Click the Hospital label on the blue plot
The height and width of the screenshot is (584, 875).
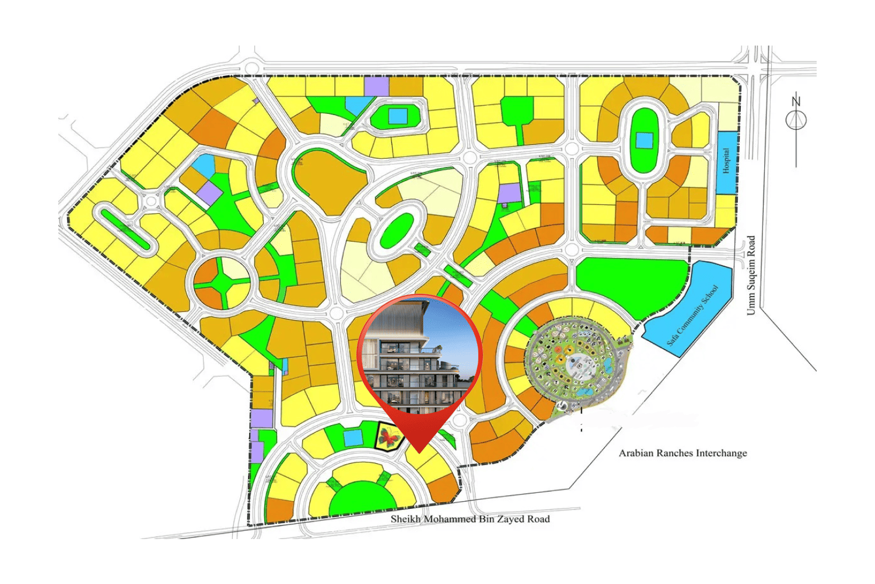(x=726, y=161)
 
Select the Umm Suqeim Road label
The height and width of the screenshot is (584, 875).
(x=751, y=275)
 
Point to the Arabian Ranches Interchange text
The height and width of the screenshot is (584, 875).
(x=682, y=453)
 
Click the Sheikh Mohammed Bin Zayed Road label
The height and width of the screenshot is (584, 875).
(x=470, y=519)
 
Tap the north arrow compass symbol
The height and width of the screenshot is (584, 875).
(x=796, y=121)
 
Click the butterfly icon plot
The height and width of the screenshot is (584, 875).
(x=388, y=436)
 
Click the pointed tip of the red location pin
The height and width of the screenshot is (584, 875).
(x=420, y=451)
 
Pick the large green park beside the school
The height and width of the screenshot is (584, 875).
(x=630, y=286)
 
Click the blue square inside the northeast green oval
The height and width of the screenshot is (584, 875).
(x=644, y=140)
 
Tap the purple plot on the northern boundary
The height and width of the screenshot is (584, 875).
(x=376, y=86)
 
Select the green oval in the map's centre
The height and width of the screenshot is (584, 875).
(x=397, y=230)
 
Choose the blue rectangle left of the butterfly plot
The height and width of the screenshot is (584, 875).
(x=353, y=438)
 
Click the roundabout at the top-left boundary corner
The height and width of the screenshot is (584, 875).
(x=251, y=68)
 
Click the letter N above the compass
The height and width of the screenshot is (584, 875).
(x=796, y=102)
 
